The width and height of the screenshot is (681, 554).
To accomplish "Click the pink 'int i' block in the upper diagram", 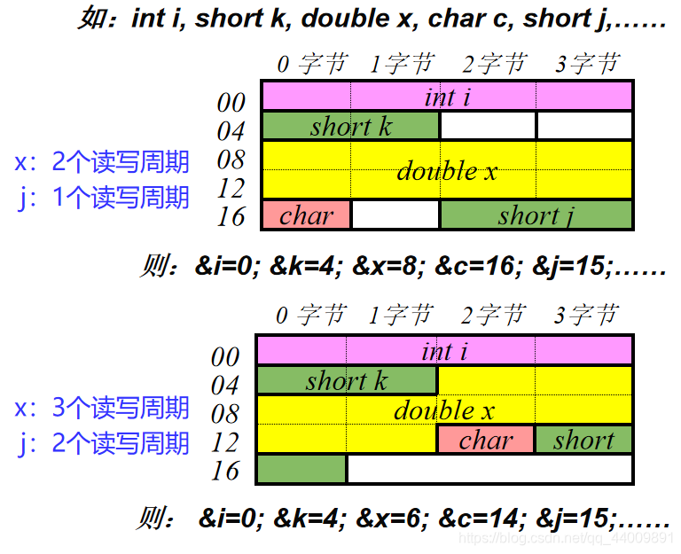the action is (447, 96).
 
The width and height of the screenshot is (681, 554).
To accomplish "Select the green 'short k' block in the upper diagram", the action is (350, 126).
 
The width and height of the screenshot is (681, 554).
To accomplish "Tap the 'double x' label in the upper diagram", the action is (447, 170).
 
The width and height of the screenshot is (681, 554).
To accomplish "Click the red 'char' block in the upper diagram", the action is (307, 215).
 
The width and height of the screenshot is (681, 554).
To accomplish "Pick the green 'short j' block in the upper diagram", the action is (536, 215).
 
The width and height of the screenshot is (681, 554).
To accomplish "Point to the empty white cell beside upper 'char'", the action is (395, 215).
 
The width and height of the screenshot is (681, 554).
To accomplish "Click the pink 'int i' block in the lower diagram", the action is (444, 350).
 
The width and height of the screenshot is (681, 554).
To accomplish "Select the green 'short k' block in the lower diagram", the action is (346, 380).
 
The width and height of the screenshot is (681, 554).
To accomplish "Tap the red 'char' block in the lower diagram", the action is (486, 440).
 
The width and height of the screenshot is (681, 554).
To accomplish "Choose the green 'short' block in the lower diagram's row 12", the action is (583, 440).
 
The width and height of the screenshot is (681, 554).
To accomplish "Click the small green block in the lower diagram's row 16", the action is (301, 469).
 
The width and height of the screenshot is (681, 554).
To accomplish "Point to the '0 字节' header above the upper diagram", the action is (310, 64).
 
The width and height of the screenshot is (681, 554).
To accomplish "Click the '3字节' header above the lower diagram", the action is (585, 315).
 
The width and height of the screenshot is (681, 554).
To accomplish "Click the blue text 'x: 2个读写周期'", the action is (102, 162).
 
